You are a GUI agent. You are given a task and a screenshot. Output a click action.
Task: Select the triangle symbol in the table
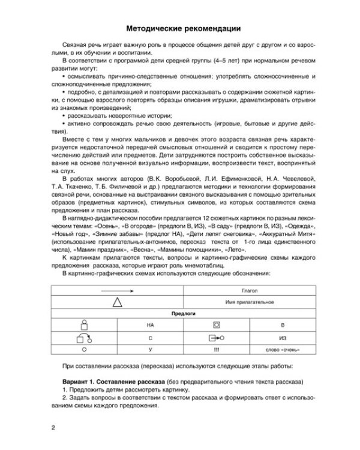[x=115, y=301]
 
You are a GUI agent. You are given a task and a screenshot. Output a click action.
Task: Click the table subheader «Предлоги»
[x=180, y=313]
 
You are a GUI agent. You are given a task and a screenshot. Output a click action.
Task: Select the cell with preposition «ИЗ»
[x=283, y=337]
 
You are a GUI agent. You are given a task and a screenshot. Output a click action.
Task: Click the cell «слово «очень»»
[x=283, y=350]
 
